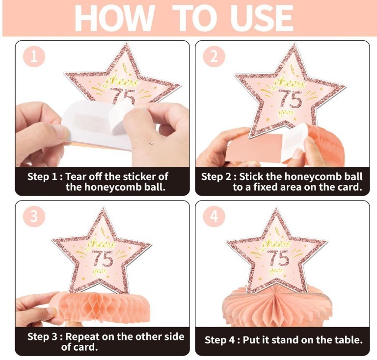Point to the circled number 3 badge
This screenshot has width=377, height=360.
[x=34, y=216]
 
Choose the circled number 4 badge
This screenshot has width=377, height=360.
[x=214, y=216]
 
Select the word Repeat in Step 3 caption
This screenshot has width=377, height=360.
[x=82, y=337]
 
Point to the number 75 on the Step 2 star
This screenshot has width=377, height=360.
[x=290, y=99]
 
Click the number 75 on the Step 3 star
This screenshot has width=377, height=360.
[x=103, y=258]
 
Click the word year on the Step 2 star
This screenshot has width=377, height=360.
[x=286, y=112]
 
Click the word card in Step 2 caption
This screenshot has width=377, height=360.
[x=350, y=187]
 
